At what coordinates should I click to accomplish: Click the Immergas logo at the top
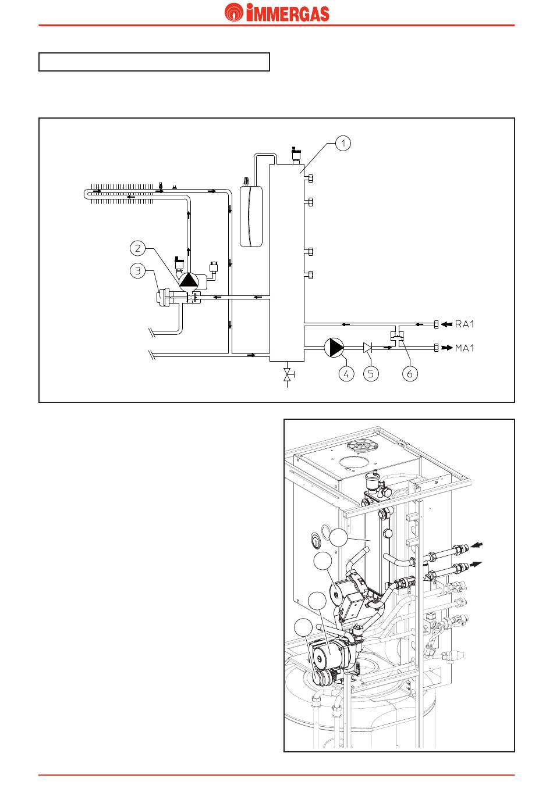(276, 12)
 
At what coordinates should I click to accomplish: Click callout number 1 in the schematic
(343, 143)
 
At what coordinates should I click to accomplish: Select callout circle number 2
(138, 248)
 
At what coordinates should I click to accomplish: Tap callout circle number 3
(138, 271)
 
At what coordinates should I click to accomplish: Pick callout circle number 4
(346, 373)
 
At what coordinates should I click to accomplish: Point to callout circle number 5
(371, 373)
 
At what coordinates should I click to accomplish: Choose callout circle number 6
(410, 373)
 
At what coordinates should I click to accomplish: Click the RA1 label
(465, 324)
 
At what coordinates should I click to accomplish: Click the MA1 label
(465, 348)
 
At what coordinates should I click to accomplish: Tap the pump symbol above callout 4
(334, 347)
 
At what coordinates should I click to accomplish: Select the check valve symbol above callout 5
(367, 348)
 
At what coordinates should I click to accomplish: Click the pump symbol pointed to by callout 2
(189, 281)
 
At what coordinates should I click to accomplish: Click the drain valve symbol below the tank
(288, 374)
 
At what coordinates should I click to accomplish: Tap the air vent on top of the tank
(295, 154)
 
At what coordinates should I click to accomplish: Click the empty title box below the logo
(154, 62)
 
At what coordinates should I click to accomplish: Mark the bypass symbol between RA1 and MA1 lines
(398, 335)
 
